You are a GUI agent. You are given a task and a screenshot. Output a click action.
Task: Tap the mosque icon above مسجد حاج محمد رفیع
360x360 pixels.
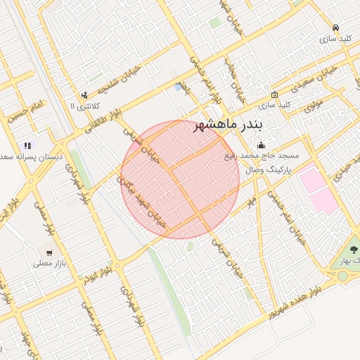262,145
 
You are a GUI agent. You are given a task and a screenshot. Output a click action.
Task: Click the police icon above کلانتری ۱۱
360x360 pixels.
85,95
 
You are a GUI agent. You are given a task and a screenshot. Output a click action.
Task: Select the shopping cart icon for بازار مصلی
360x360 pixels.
49,252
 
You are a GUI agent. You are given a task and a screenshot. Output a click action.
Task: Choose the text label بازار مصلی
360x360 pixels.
48,264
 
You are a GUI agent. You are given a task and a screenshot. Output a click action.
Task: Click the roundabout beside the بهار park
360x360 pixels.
342,276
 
